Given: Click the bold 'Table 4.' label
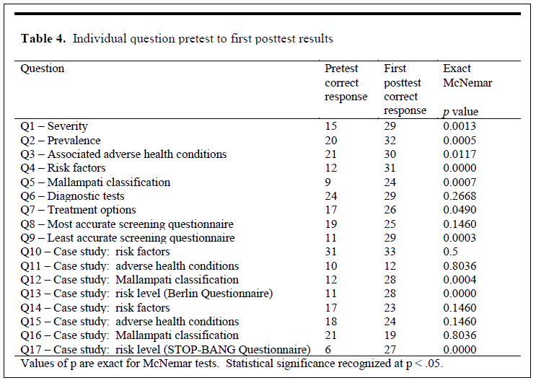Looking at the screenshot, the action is coord(43,38).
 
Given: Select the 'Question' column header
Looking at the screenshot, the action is coord(43,69).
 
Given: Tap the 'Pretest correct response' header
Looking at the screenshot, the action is coord(346,82).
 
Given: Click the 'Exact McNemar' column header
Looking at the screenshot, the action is coord(467,76).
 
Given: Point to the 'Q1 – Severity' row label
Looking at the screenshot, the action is coord(54,126).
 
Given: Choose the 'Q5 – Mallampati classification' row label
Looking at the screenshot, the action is coord(95,182).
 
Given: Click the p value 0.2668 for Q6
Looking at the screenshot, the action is coord(460,196).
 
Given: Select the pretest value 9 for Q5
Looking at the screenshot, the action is coord(328,182).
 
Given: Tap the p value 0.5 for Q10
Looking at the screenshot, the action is coord(450,252).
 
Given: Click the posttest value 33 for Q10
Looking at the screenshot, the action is coord(390,252).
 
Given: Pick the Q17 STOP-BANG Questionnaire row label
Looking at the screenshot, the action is coord(165,350).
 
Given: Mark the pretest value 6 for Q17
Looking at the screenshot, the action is coord(328,350).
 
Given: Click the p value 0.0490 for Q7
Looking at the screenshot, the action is coord(460,210).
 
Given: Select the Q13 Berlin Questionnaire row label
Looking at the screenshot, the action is coord(146,294).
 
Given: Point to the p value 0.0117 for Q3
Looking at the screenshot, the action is coord(460,154).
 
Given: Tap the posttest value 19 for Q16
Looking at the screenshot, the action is coord(390,335).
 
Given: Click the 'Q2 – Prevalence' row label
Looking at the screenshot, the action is coord(61,141).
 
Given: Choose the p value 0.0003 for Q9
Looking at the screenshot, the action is coord(460,238).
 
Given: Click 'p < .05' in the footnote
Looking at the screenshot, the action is coord(424,364).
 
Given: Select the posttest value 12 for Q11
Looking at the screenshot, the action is coord(390,266).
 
